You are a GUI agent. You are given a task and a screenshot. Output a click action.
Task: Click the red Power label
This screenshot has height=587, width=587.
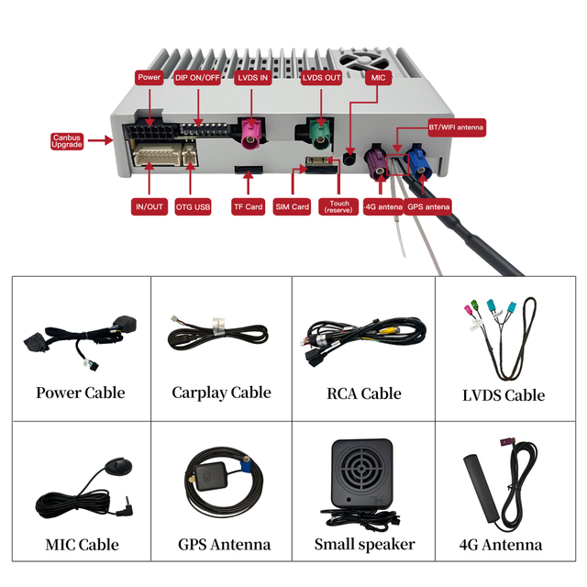point(149,77)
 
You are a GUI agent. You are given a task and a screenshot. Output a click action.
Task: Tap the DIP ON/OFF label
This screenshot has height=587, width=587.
point(197,78)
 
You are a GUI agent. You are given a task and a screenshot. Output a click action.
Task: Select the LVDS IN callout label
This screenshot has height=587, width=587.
point(253,78)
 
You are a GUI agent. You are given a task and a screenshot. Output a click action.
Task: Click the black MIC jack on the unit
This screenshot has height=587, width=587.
point(349,160)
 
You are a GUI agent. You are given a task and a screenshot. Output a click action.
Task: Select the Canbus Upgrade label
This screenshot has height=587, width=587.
point(67,141)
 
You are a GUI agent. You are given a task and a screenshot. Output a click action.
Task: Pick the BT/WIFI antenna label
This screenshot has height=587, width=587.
point(457,127)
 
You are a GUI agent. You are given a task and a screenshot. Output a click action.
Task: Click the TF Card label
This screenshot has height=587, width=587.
point(249,206)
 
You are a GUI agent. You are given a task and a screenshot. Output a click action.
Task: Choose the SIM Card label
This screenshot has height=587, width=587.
point(292,206)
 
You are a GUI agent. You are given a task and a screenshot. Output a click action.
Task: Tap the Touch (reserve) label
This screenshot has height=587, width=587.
point(338,206)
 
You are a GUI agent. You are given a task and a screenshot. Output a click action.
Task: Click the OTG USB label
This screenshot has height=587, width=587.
point(194,206)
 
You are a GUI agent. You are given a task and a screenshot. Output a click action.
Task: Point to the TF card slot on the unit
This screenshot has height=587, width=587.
point(249,170)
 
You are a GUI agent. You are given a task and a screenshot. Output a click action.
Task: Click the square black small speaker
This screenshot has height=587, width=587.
point(362,473)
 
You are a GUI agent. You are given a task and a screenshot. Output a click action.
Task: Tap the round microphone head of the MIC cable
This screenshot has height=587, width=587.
point(118,467)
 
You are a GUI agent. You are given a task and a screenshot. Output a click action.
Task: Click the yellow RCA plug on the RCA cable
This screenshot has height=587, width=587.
point(386,330)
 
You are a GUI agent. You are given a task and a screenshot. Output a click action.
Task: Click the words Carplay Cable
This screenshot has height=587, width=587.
point(222,393)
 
